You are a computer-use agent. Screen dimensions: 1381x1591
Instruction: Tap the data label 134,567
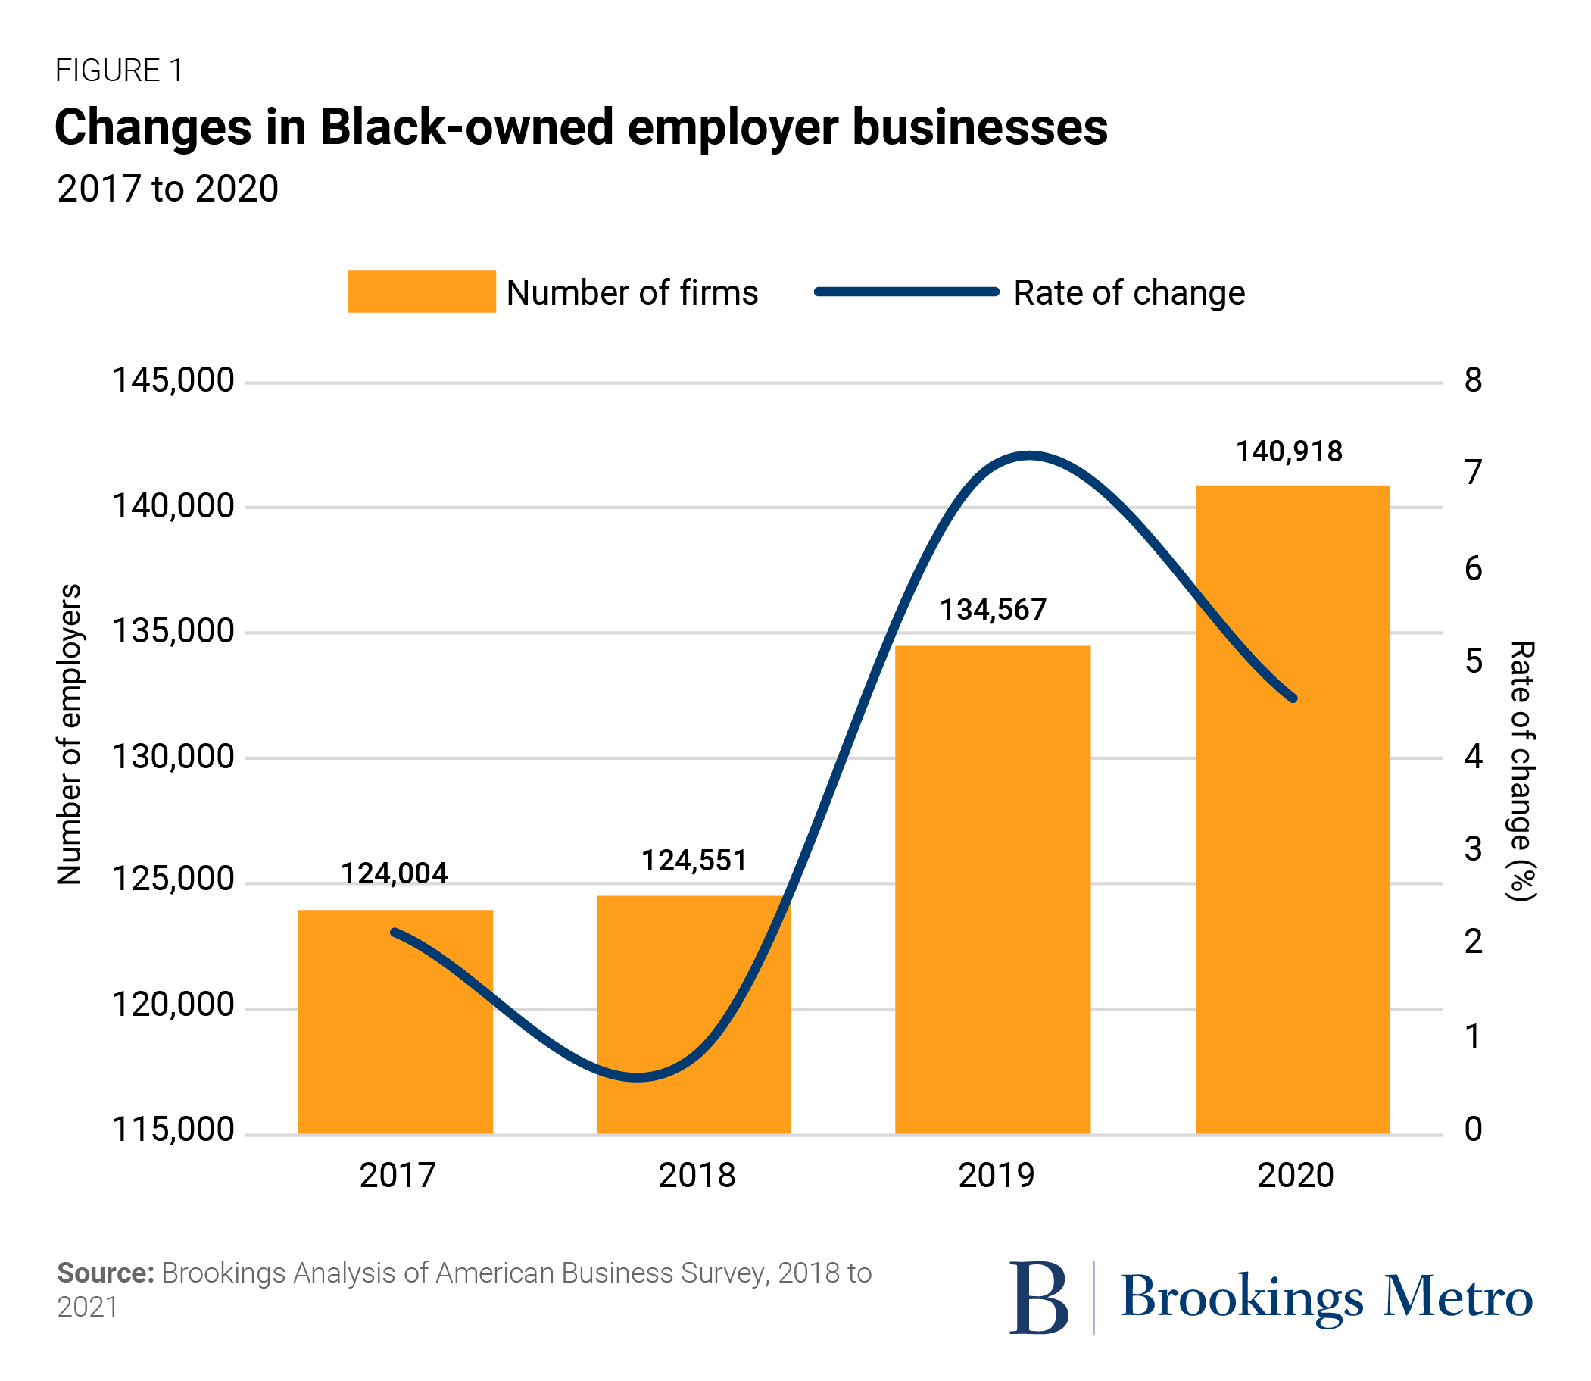(992, 611)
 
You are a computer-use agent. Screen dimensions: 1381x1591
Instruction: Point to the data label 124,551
(694, 861)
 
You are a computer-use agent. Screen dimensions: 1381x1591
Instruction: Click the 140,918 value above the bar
(1288, 451)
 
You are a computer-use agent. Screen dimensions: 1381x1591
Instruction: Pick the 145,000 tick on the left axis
(173, 381)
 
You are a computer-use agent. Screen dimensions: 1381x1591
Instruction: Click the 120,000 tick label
(173, 1005)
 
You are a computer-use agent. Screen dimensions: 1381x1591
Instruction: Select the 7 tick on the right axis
(1472, 473)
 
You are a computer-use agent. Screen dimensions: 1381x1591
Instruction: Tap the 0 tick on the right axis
(1472, 1129)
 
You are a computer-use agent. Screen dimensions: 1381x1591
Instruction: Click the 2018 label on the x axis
(697, 1175)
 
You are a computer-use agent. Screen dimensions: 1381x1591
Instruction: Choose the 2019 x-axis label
(996, 1175)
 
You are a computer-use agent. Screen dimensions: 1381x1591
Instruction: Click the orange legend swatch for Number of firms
(421, 292)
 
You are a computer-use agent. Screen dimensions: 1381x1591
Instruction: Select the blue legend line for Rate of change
(906, 292)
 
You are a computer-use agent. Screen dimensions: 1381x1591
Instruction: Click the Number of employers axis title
(70, 733)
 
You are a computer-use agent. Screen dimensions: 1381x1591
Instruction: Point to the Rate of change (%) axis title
(1521, 770)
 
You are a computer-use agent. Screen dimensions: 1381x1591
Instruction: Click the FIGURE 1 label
(119, 71)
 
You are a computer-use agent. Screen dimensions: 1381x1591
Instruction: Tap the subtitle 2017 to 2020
(167, 189)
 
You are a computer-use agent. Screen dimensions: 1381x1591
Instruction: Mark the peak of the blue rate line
(1029, 455)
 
